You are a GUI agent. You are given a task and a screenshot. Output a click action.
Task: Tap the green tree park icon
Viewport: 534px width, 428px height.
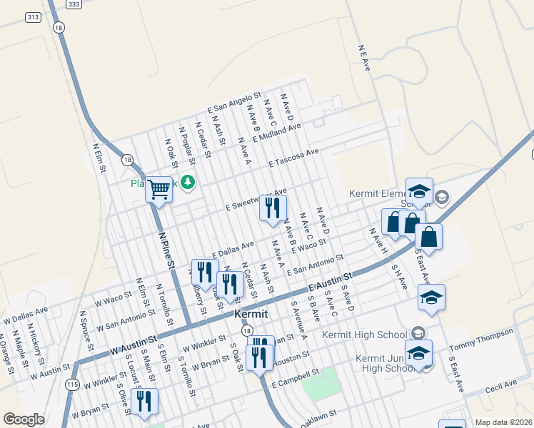pyautogui.click(x=188, y=183)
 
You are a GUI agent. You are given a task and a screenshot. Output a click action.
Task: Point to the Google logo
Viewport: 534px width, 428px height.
pyautogui.click(x=24, y=419)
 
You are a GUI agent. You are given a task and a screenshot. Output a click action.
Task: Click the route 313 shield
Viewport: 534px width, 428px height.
pyautogui.click(x=33, y=16)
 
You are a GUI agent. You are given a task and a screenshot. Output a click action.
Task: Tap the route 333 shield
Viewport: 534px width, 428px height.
pyautogui.click(x=74, y=4)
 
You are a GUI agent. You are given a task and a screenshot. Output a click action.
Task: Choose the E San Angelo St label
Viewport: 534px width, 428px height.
pyautogui.click(x=235, y=103)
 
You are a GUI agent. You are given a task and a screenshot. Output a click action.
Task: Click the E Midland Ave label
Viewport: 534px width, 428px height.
pyautogui.click(x=276, y=132)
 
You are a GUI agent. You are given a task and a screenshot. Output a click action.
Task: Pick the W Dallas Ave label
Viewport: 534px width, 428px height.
pyautogui.click(x=26, y=315)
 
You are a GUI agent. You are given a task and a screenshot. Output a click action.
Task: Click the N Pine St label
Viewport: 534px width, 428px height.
pyautogui.click(x=166, y=250)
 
